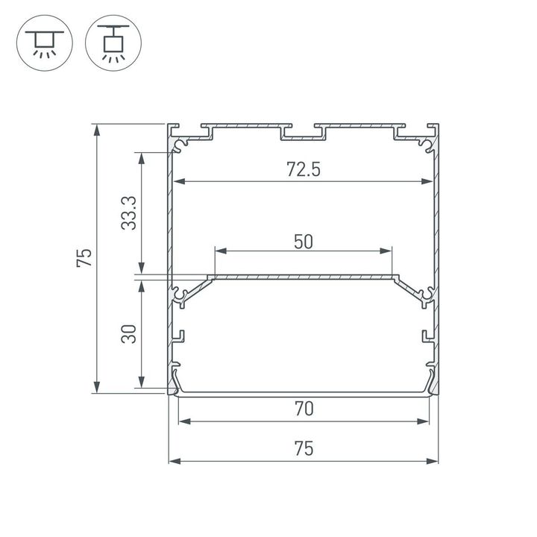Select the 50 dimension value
pyautogui.click(x=303, y=241)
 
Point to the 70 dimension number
pyautogui.click(x=303, y=409)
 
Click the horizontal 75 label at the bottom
pyautogui.click(x=303, y=448)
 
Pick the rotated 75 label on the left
pyautogui.click(x=84, y=257)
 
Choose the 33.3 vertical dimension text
pyautogui.click(x=129, y=213)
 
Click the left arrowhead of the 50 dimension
pyautogui.click(x=219, y=252)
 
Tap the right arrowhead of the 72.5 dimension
pyautogui.click(x=428, y=181)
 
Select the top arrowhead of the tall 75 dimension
pyautogui.click(x=95, y=129)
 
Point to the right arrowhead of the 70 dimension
pyautogui.click(x=428, y=421)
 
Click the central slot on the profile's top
pyautogui.click(x=303, y=134)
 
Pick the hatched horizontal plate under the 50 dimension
pyautogui.click(x=303, y=277)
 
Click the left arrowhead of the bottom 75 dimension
pyautogui.click(x=174, y=461)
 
